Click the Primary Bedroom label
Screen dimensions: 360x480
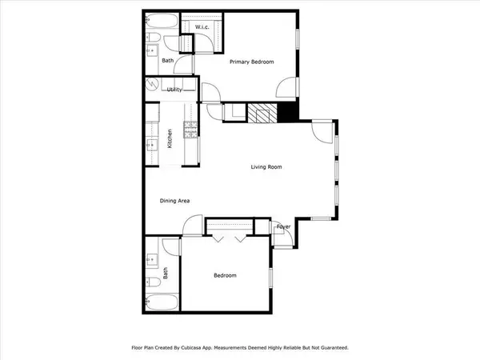(x=252, y=62)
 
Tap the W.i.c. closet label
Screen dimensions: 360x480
(x=202, y=27)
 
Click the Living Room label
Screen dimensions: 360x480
(x=266, y=167)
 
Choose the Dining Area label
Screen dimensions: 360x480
(x=174, y=201)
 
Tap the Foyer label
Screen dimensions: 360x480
(x=283, y=226)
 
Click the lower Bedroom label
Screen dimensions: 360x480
(x=225, y=276)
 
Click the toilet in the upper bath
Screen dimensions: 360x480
(x=152, y=38)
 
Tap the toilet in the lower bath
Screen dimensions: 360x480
(x=153, y=281)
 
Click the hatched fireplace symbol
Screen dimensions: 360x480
(x=261, y=114)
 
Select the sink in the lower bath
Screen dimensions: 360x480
(x=151, y=260)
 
